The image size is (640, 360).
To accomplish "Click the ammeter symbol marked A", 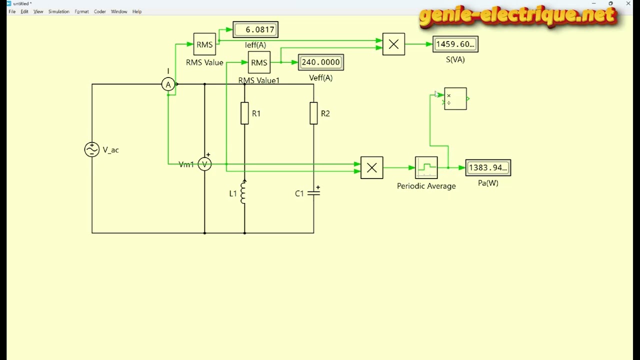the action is pyautogui.click(x=168, y=84).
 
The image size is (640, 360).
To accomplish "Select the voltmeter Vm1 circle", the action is pyautogui.click(x=204, y=164).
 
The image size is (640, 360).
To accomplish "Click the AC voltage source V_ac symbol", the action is pyautogui.click(x=91, y=149).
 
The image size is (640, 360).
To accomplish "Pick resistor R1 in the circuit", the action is pyautogui.click(x=244, y=113).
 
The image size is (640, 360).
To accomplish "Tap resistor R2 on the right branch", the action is pyautogui.click(x=313, y=113).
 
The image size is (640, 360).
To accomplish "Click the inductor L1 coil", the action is pyautogui.click(x=243, y=192).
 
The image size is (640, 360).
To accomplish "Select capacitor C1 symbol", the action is pyautogui.click(x=313, y=193).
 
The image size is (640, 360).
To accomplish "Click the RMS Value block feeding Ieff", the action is pyautogui.click(x=204, y=44).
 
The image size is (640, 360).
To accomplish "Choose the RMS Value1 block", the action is pyautogui.click(x=259, y=62).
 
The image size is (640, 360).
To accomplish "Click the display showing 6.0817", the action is pyautogui.click(x=255, y=29).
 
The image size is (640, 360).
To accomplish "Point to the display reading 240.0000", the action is pyautogui.click(x=321, y=62).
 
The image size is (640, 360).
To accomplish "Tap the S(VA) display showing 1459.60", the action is pyautogui.click(x=455, y=44).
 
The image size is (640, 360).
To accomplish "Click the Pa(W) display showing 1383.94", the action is pyautogui.click(x=488, y=167).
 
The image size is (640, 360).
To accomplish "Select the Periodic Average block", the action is pyautogui.click(x=426, y=167).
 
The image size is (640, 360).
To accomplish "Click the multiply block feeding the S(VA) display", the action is pyautogui.click(x=393, y=44).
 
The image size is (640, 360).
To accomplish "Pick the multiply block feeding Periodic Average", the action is pyautogui.click(x=371, y=167).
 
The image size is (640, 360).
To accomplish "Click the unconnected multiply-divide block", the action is pyautogui.click(x=455, y=99).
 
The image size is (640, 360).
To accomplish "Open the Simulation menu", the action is pyautogui.click(x=59, y=11).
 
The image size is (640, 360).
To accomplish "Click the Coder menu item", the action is pyautogui.click(x=99, y=11).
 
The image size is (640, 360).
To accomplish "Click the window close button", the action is pyautogui.click(x=628, y=3).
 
